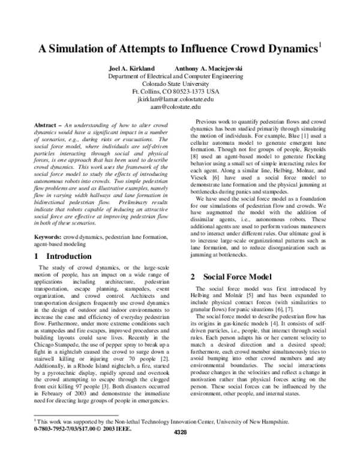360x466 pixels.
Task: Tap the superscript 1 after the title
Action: tap(321, 44)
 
